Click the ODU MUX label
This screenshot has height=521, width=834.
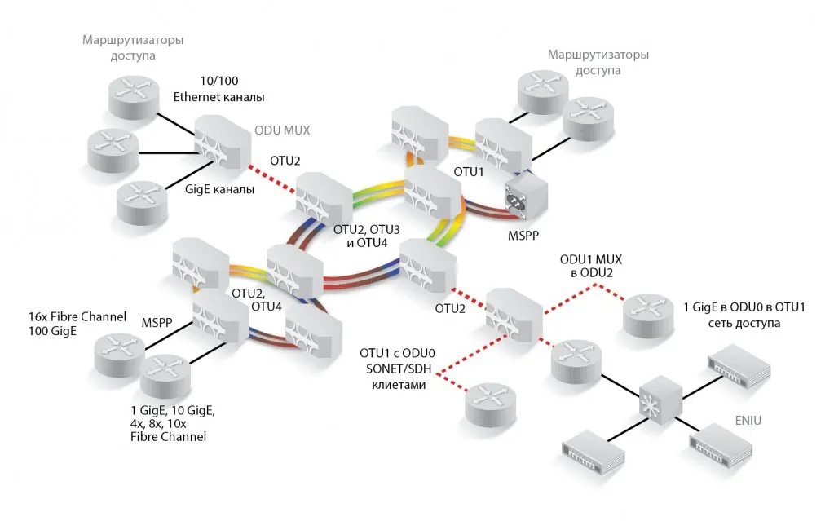point(283,129)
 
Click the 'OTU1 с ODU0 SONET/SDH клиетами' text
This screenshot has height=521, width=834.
point(398,368)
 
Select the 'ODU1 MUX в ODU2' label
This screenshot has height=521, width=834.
point(592,266)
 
